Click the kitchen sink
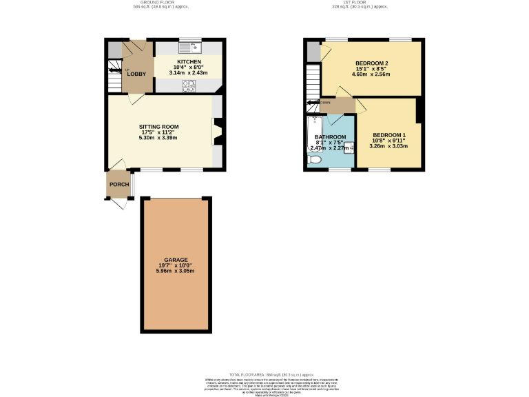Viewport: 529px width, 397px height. click(189, 48)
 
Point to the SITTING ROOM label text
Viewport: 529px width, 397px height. click(158, 127)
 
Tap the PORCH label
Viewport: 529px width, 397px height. click(119, 184)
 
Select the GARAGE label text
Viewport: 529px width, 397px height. click(176, 260)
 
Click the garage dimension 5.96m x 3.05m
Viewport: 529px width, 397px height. click(176, 271)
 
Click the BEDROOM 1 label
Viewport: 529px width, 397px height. click(389, 134)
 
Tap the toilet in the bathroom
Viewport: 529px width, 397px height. click(315, 160)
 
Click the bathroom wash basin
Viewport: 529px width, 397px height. click(349, 147)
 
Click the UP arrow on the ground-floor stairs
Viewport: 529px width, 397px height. click(114, 69)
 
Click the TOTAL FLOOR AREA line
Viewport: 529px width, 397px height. click(264, 374)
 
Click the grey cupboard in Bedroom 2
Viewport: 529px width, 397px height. click(314, 50)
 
